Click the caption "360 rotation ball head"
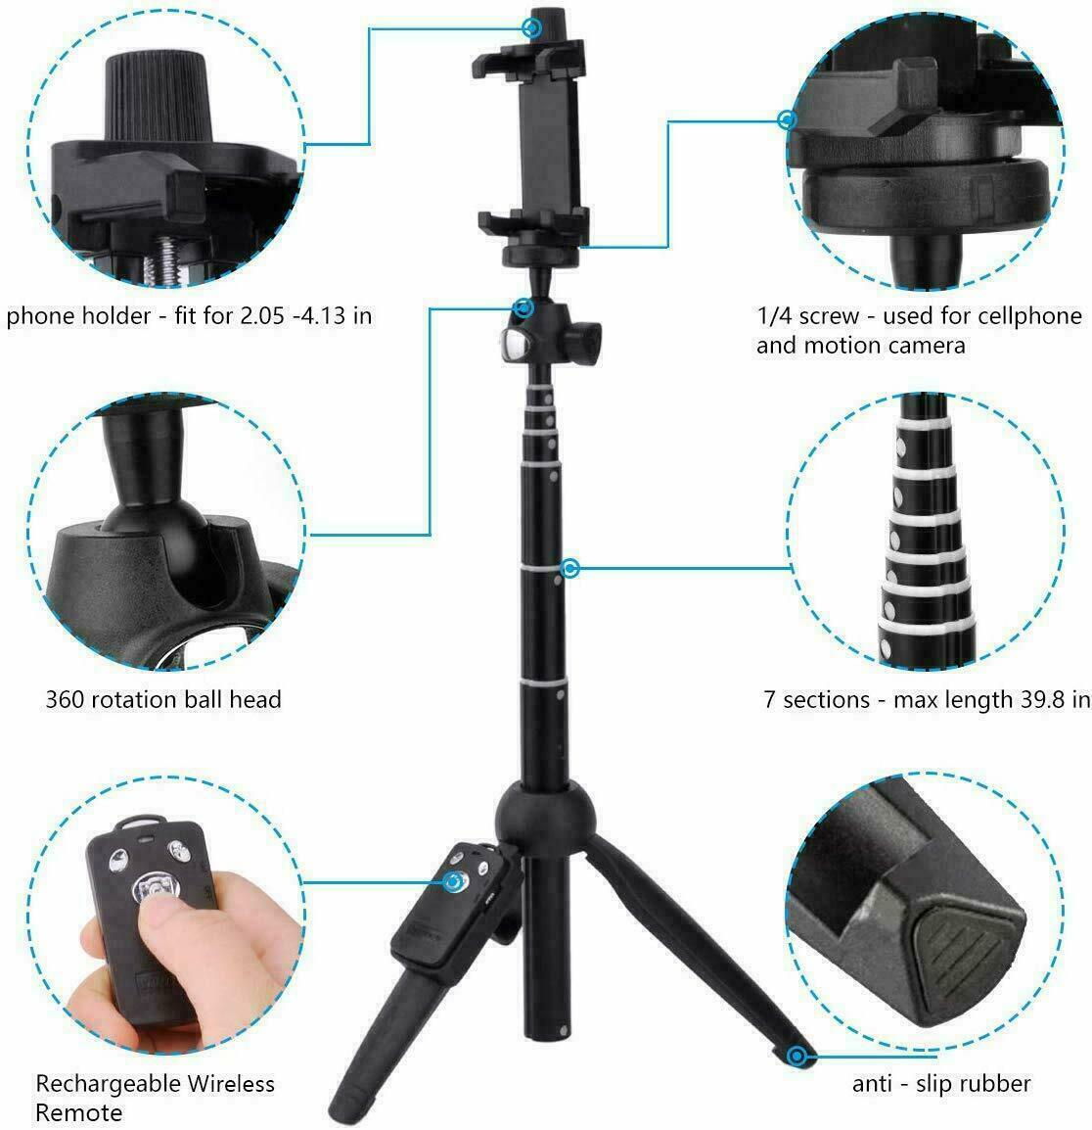[163, 699]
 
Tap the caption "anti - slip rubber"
[941, 1083]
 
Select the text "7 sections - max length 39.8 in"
[927, 700]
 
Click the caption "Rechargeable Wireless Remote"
[155, 1097]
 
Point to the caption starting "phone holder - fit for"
[189, 316]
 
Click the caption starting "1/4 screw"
[919, 330]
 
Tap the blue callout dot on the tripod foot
[799, 1055]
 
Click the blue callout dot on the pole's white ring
[571, 568]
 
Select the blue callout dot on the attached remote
[453, 882]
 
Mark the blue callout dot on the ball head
[524, 309]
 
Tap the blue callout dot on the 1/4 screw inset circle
[786, 119]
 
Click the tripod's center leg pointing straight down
[539, 979]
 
